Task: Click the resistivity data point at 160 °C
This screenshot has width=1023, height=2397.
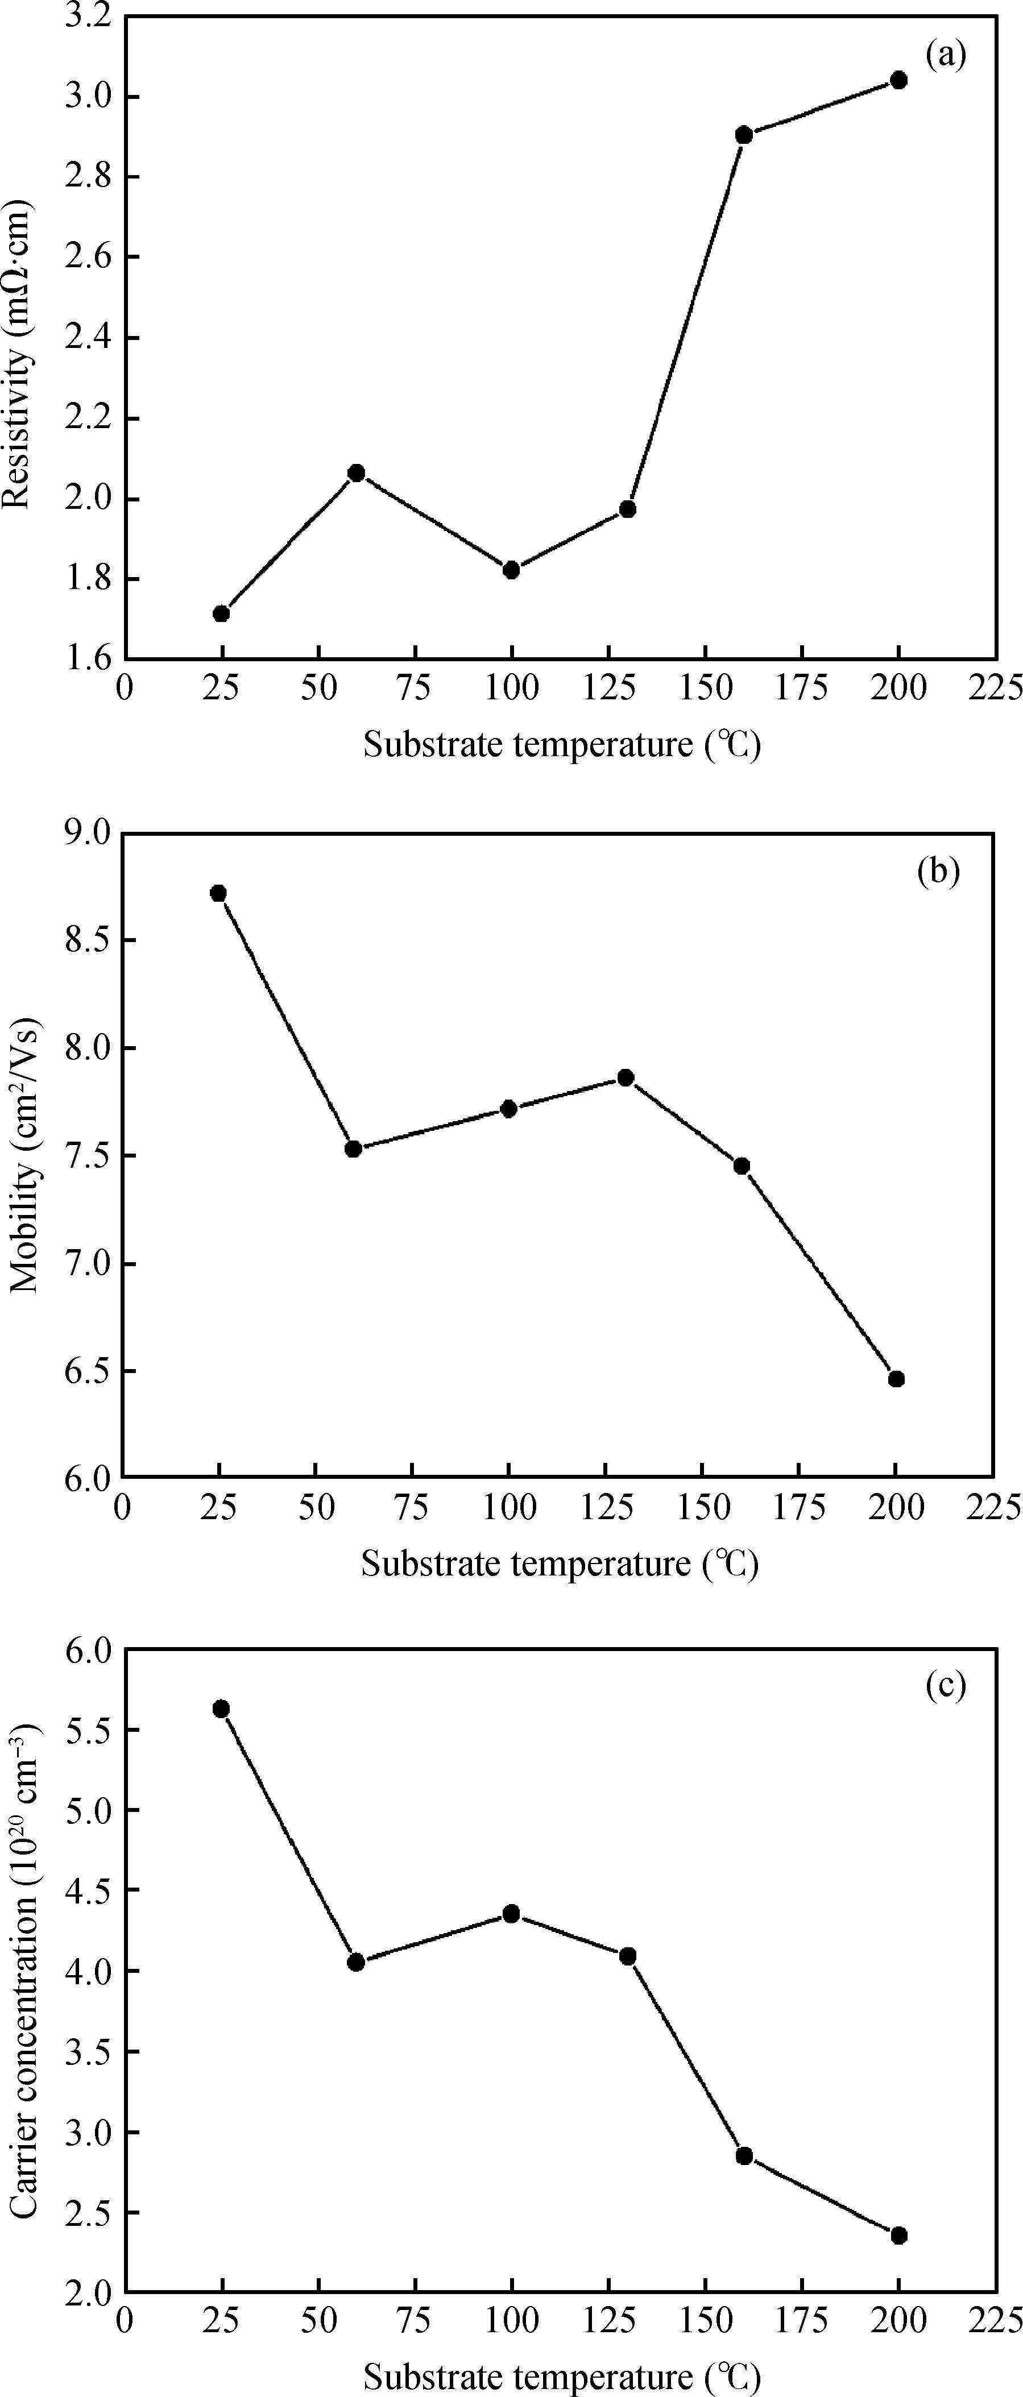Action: coord(744,135)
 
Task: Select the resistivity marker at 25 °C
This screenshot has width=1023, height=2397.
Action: coord(222,613)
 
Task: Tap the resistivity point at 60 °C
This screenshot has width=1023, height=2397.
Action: coord(355,472)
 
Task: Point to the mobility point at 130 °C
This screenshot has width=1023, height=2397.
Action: coord(626,1077)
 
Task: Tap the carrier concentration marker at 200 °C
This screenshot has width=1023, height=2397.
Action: coord(898,2235)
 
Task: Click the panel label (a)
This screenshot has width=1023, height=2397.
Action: coord(946,56)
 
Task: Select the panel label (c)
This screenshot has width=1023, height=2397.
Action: coord(946,1685)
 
